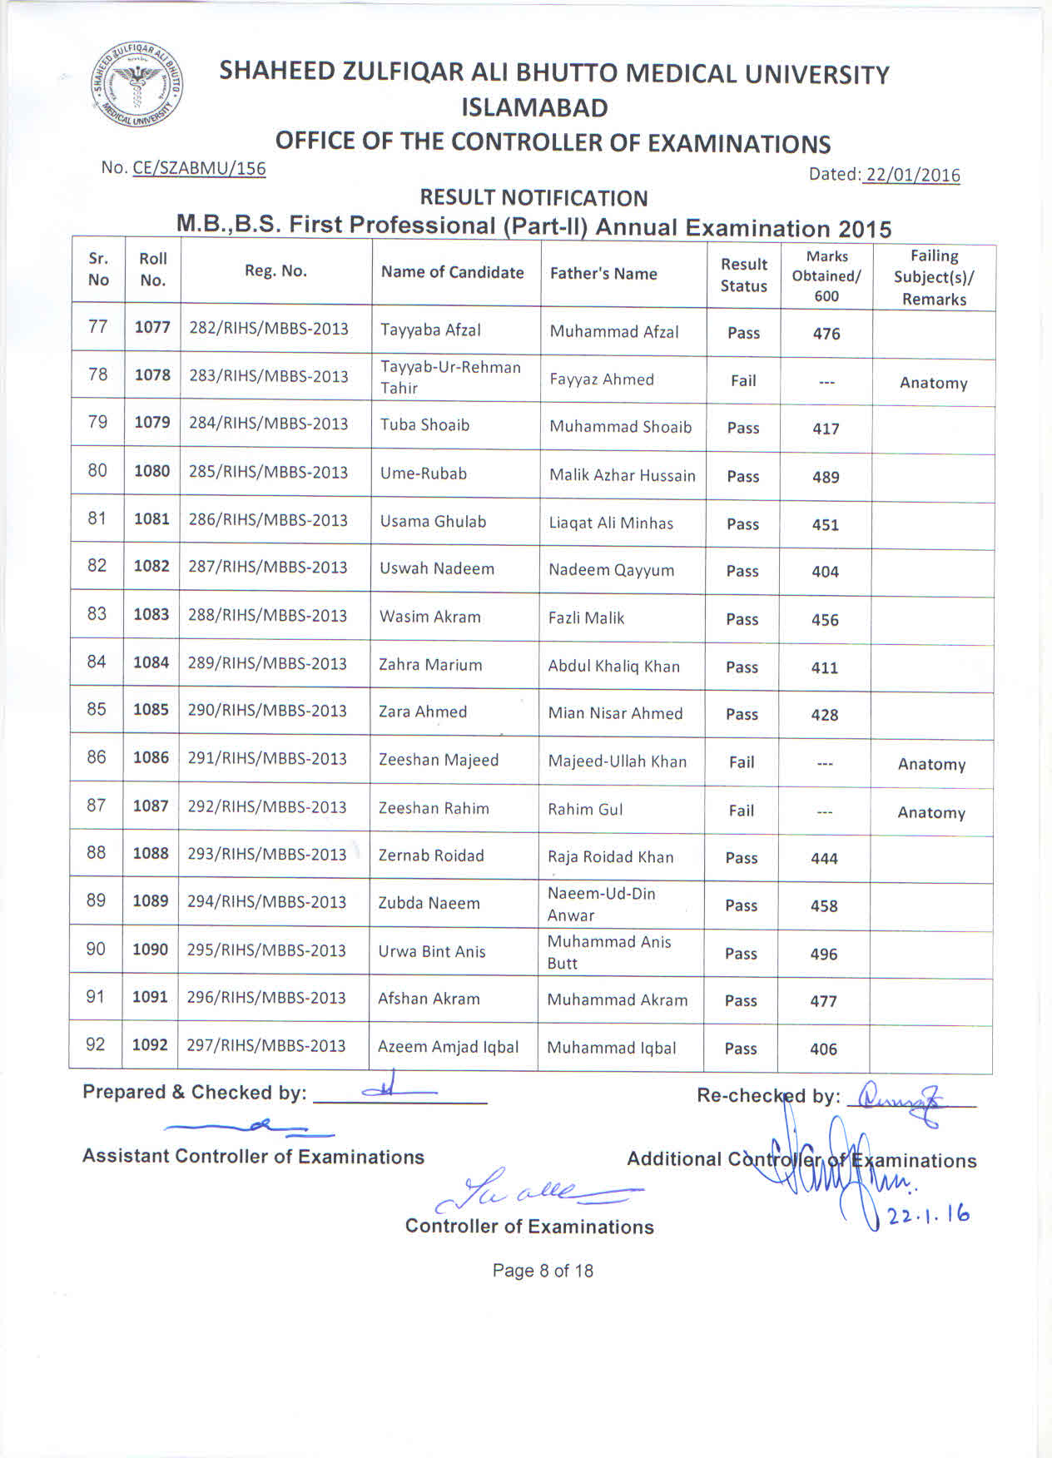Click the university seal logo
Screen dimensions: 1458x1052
tap(137, 85)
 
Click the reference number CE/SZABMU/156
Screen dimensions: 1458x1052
tap(199, 168)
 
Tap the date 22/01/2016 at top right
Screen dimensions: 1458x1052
tap(912, 175)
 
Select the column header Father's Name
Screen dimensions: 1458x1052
tap(603, 274)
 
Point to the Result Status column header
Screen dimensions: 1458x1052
tap(743, 275)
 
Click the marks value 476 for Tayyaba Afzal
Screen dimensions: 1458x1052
tap(826, 334)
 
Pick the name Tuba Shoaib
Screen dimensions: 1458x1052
tap(424, 425)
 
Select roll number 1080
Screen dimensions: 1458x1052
tap(151, 471)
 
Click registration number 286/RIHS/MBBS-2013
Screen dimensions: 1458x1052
tap(268, 520)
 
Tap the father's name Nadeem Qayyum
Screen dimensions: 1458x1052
tap(611, 571)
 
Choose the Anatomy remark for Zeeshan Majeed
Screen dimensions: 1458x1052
tap(931, 765)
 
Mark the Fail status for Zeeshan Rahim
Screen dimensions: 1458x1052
tap(741, 811)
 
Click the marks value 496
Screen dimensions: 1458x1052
tap(824, 955)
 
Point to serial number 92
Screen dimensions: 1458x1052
tap(96, 1044)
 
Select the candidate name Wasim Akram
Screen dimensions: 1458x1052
tap(430, 617)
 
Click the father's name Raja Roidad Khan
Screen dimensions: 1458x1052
tap(610, 857)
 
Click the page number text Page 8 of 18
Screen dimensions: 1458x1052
tap(543, 1271)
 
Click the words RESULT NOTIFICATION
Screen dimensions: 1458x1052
tap(533, 198)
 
